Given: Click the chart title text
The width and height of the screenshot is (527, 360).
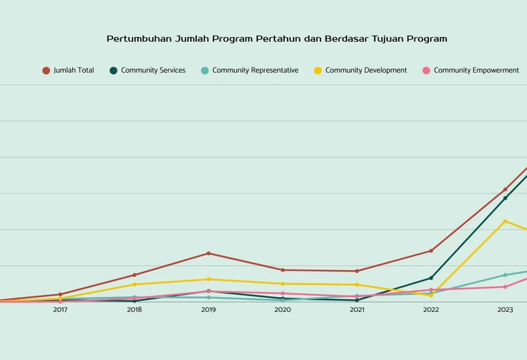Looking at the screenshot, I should coord(277,39).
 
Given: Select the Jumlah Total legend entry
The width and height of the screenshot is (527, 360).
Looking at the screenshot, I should coord(73,71).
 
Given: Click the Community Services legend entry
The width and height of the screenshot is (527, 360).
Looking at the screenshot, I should coord(153,71).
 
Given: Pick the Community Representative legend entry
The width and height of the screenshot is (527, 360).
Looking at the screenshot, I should coord(255,71).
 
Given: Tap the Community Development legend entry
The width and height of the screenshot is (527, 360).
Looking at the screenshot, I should coord(366,71).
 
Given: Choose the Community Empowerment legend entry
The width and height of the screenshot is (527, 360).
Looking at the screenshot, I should coord(476,71).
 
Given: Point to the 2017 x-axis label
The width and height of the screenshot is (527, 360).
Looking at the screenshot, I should coord(60,310).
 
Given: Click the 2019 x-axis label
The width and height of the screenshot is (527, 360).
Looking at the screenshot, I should coord(209,310).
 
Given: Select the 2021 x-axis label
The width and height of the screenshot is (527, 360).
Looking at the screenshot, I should coord(357,310).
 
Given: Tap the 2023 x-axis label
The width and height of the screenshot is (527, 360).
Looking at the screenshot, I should coord(505,310).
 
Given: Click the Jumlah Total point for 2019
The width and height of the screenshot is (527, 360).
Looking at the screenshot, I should coord(209,254).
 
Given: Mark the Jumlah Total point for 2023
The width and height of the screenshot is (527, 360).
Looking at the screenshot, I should coord(505,190).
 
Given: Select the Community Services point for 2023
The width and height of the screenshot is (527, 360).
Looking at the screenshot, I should coord(505,198).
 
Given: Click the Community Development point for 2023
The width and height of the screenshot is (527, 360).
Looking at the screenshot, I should coord(505,221).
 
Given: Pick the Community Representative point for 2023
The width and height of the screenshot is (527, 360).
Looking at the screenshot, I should coord(505,275).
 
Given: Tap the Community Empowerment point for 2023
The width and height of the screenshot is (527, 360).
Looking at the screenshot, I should coord(505,287).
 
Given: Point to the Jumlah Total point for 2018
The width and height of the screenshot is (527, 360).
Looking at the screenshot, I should coord(134,275).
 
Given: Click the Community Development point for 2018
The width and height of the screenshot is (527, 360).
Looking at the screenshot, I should coord(134,285).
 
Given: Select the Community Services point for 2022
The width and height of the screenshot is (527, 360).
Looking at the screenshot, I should coord(431,278).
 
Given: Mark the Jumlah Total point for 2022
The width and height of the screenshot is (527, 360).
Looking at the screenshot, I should coord(431,251).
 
